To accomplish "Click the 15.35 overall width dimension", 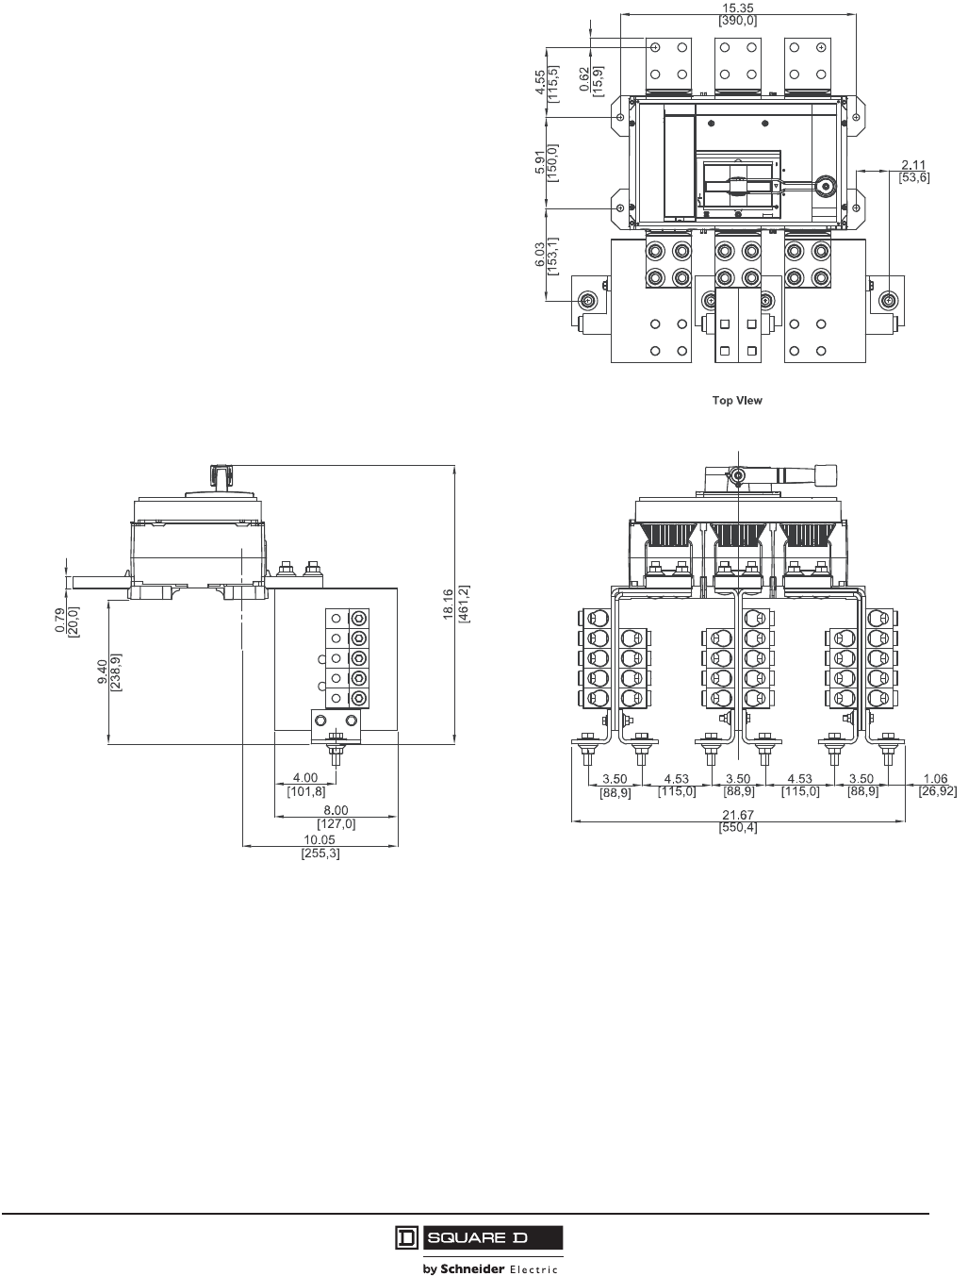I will coord(736,8).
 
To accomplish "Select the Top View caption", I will coord(737,401).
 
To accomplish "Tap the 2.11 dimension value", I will coord(913,166).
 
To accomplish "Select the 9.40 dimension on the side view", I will coord(103,674).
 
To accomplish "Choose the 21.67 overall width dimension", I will coord(740,816).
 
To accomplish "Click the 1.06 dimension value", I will coord(936,780).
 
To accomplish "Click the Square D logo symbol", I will coord(405,1237).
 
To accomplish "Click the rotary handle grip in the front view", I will coord(826,472).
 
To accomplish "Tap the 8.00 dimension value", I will coord(336,810).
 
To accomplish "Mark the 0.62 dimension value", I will coord(585,79).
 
